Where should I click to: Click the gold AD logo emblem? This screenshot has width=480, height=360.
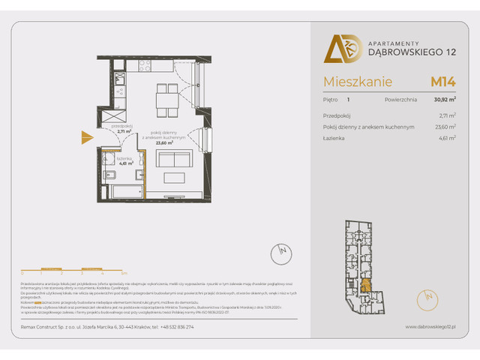342,49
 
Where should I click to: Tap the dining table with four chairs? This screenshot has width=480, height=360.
166,96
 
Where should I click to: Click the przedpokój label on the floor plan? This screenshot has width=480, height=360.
122,127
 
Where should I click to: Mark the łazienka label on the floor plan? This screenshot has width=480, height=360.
124,158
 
